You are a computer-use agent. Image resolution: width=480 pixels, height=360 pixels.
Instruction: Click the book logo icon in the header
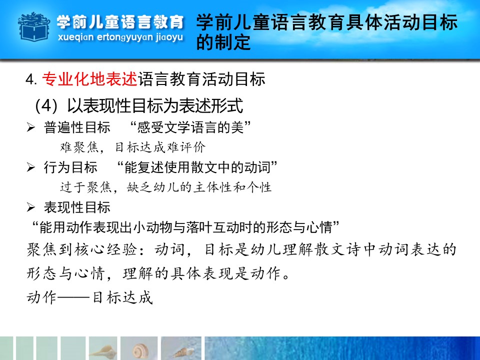[34, 26]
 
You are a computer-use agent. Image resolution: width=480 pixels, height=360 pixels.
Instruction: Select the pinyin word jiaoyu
[169, 37]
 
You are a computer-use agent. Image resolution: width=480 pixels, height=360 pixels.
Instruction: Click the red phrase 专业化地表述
[89, 79]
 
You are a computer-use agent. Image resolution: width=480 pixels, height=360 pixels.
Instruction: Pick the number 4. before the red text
[31, 79]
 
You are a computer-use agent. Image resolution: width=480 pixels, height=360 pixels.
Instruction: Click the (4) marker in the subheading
[46, 105]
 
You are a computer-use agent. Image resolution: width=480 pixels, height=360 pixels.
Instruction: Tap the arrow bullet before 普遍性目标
[30, 127]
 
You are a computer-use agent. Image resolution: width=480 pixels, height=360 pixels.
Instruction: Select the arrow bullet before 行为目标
[30, 167]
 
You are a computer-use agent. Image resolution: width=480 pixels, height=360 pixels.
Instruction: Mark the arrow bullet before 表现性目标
[30, 207]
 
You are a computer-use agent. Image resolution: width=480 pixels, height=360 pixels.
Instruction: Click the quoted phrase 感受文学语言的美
[190, 127]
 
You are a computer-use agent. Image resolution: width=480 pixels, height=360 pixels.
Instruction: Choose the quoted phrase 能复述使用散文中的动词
[197, 167]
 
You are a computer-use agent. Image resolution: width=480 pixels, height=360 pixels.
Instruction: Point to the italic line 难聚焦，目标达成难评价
[133, 147]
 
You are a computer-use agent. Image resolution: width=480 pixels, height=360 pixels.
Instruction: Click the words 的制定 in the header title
[223, 42]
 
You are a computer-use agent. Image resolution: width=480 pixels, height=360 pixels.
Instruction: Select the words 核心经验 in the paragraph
[105, 249]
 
